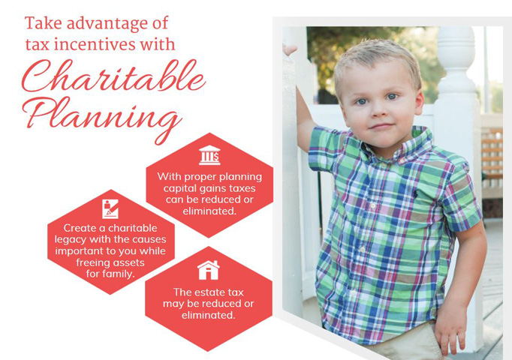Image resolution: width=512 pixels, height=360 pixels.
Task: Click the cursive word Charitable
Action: (113, 76)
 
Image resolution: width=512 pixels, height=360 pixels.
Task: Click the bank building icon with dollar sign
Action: (209, 155)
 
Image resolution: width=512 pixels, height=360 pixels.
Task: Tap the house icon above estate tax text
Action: (208, 270)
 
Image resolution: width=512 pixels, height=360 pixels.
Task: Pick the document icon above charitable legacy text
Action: (110, 208)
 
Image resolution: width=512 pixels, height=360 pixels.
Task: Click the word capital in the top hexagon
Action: (180, 189)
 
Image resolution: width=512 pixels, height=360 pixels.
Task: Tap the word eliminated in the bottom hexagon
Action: (208, 315)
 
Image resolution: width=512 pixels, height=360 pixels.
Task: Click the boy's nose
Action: (379, 111)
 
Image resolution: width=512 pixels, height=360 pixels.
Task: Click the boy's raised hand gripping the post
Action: (290, 50)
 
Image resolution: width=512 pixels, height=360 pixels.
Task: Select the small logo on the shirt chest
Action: (415, 194)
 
